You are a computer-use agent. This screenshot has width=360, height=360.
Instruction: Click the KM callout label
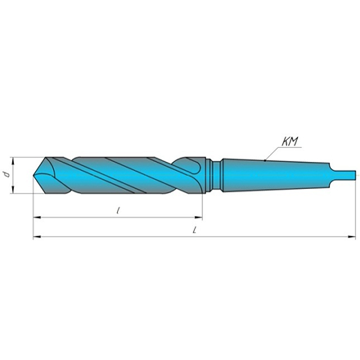click(290, 141)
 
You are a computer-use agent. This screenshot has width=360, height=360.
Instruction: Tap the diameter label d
click(6, 175)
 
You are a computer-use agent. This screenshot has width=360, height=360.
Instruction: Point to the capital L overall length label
click(195, 230)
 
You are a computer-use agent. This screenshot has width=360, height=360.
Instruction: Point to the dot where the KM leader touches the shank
click(265, 160)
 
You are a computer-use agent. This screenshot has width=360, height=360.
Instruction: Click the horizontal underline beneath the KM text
click(291, 147)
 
